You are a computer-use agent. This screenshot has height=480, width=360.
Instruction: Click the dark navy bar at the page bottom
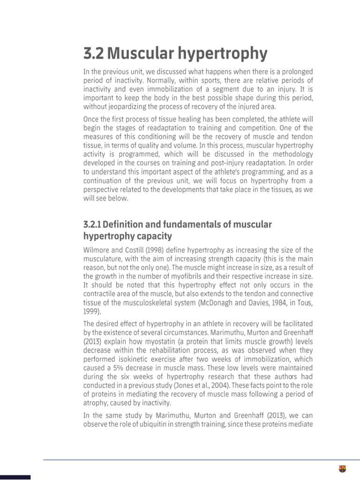pos(15,477)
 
